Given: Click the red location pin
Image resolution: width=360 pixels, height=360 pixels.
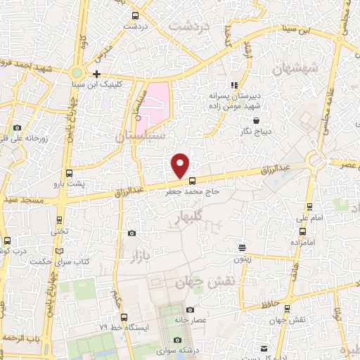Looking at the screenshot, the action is click(181, 164).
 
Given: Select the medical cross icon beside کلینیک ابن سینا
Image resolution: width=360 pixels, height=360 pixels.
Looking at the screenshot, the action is click(96, 74).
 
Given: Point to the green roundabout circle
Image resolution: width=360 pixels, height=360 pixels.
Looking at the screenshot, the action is click(77, 72).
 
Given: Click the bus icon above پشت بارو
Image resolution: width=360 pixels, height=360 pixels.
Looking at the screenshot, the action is click(69, 173).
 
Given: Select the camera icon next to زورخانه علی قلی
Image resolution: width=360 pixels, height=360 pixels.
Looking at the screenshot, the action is click(17, 127).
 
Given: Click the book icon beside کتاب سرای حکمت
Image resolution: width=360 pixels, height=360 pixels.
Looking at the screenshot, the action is click(60, 251).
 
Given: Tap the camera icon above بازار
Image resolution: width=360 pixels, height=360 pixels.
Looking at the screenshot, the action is click(131, 233).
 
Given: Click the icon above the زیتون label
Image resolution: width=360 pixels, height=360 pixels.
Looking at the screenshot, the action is click(241, 247).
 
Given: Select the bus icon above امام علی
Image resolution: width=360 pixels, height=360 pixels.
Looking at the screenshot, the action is click(310, 207).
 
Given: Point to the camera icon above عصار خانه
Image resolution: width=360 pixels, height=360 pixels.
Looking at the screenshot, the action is click(190, 310).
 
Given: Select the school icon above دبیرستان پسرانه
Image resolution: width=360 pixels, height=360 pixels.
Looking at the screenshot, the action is click(233, 85).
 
